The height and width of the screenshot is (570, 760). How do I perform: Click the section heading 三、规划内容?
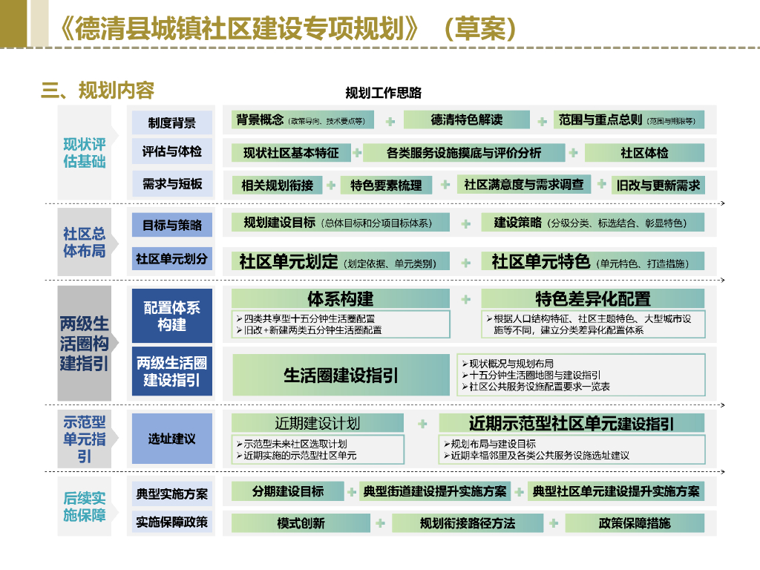(97, 91)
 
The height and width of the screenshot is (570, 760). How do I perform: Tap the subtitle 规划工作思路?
(383, 93)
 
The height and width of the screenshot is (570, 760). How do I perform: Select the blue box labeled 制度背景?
(171, 122)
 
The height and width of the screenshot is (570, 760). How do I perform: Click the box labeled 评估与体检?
(171, 152)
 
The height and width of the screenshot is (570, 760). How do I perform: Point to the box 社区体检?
(644, 153)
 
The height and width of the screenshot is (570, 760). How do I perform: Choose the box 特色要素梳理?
(386, 186)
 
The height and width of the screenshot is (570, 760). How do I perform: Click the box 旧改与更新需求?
(658, 186)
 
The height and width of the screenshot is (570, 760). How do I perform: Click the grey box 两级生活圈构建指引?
(84, 343)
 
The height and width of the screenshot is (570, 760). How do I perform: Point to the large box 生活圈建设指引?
(341, 376)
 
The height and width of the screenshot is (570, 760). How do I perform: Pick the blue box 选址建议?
(171, 439)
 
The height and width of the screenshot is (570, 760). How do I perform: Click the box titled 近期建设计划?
(318, 423)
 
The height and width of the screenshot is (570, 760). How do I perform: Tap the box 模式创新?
(301, 523)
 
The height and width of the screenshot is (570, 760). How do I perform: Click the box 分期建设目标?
(287, 491)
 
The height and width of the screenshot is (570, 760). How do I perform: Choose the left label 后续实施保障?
(84, 507)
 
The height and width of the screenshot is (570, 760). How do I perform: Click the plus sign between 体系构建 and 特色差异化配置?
(466, 299)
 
